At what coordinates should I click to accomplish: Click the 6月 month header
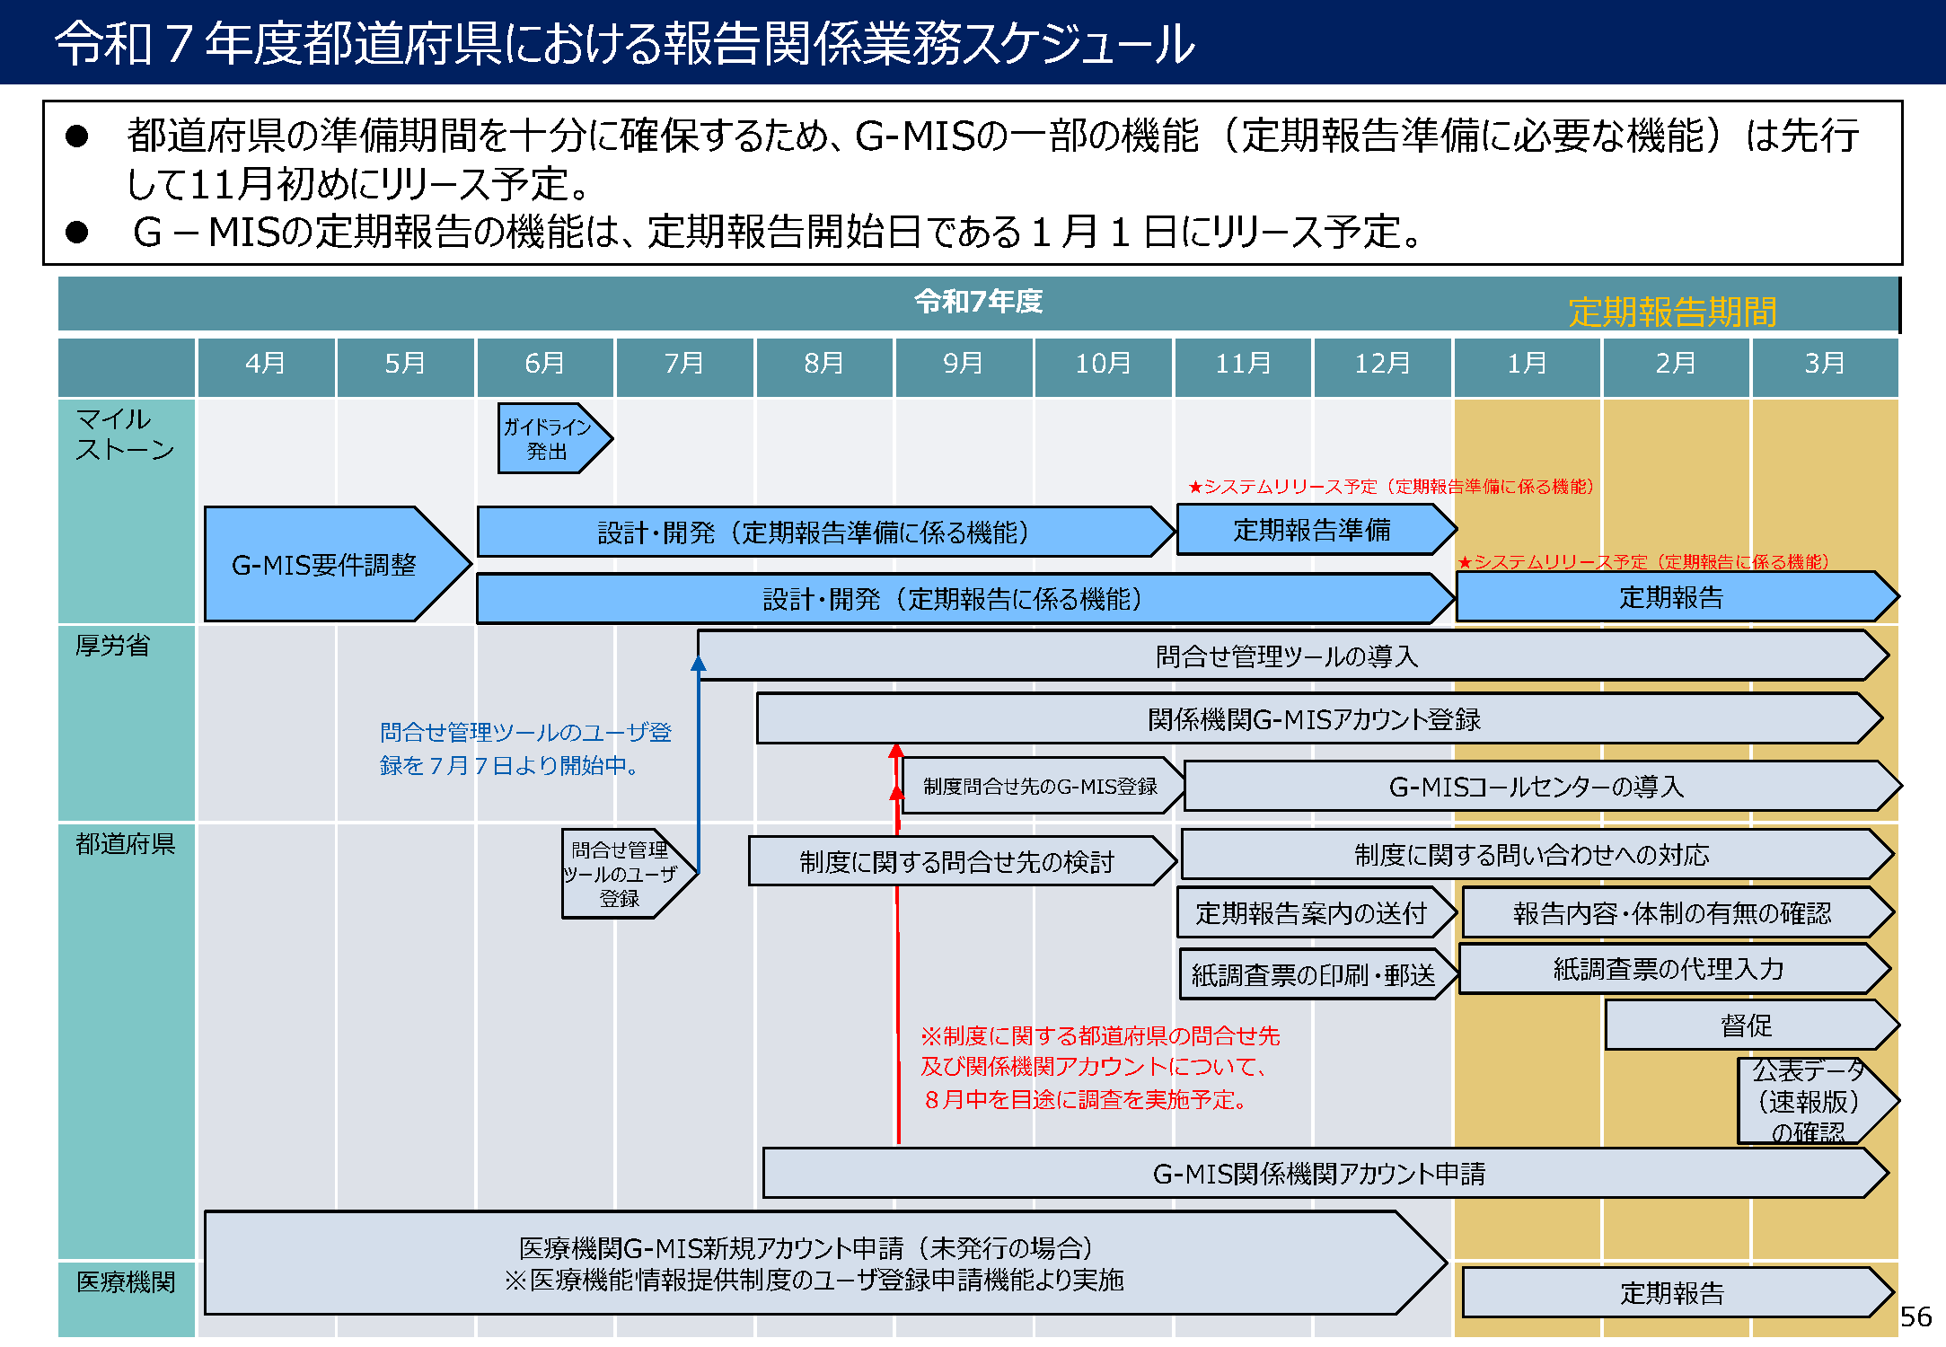tap(544, 364)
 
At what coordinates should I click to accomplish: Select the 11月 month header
tap(1243, 364)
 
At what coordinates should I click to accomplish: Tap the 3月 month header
tap(1824, 364)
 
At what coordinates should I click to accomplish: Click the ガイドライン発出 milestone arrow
tap(550, 438)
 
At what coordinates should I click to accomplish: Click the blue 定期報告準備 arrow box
tap(1311, 530)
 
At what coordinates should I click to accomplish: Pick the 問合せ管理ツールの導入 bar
tap(1286, 656)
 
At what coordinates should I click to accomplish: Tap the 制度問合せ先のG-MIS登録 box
tap(1040, 787)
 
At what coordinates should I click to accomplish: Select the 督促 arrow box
tap(1746, 1025)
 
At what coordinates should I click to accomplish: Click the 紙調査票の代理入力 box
tap(1669, 969)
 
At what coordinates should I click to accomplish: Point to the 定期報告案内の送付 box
tap(1311, 913)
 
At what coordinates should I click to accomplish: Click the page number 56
tap(1915, 1316)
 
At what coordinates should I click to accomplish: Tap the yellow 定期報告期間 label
tap(1672, 312)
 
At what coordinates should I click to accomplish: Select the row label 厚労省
tap(113, 646)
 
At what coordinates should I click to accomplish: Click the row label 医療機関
tap(126, 1281)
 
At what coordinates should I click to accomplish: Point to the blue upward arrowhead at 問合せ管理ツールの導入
tap(699, 664)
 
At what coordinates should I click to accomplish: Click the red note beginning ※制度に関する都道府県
tap(1099, 1067)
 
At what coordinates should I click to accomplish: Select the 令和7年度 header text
tap(978, 302)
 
